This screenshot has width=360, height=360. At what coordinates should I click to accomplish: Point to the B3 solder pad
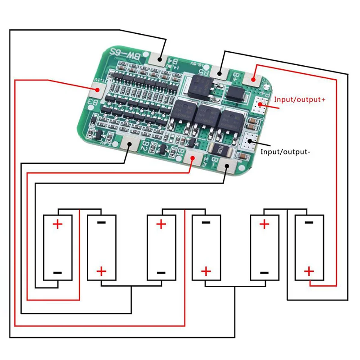coord(95,90)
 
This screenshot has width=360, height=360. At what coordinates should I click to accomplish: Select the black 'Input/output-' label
coord(285,152)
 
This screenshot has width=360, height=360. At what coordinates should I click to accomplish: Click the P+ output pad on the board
coord(260,105)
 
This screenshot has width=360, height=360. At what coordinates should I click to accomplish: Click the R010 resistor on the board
coord(221,151)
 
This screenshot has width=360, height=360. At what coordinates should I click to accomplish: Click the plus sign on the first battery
coord(58,224)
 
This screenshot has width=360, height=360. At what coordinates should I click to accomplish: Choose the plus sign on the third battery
coord(161,224)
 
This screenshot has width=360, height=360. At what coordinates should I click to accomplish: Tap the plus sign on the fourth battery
coord(206,271)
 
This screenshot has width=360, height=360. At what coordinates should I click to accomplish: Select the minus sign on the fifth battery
coord(264,272)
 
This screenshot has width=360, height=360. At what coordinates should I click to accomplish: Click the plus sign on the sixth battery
coord(309,271)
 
